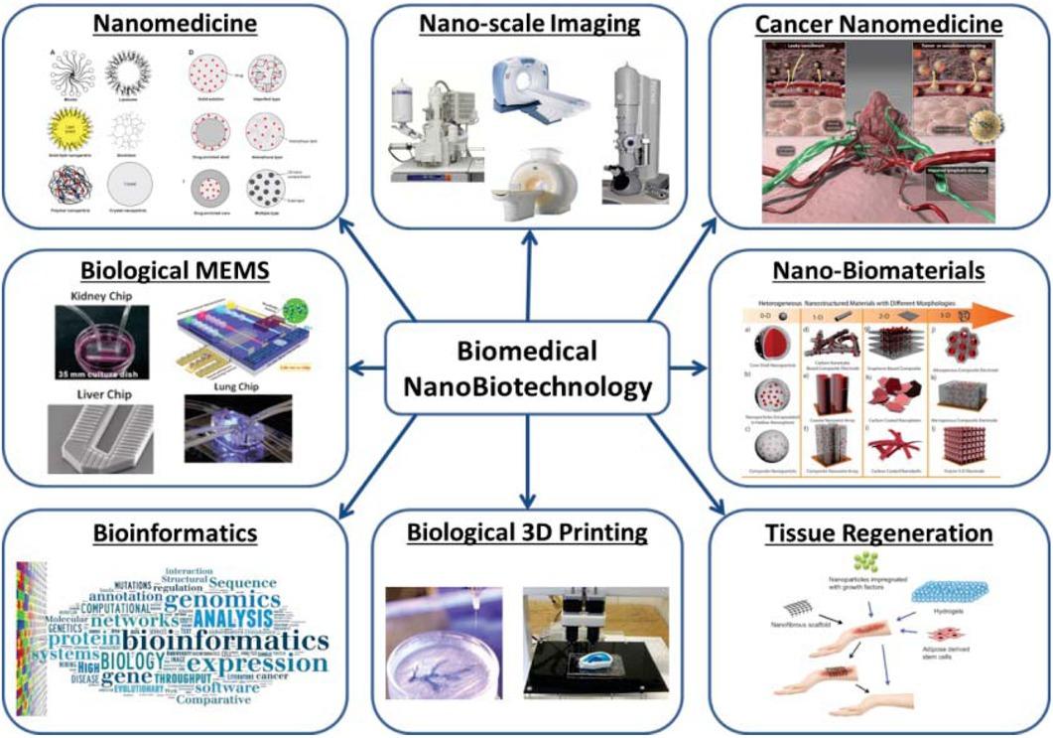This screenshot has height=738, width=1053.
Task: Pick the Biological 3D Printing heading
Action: [526, 532]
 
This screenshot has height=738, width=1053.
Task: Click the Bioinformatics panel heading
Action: [176, 533]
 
